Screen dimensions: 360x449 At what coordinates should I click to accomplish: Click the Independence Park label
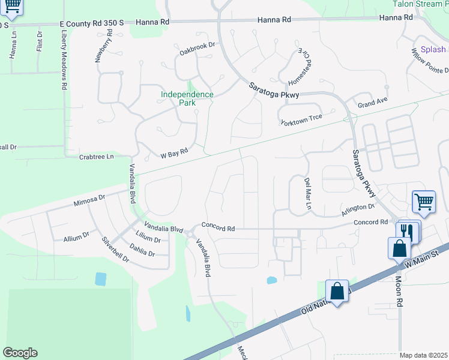click(x=187, y=98)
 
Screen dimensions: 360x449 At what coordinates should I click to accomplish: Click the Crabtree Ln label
click(x=96, y=157)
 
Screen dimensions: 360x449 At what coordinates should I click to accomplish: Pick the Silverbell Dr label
click(x=115, y=248)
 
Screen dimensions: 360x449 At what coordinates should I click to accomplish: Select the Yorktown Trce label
click(x=301, y=120)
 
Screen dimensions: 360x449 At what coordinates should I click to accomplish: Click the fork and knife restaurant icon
click(x=408, y=230)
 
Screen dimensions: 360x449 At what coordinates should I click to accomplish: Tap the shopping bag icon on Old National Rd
click(x=337, y=290)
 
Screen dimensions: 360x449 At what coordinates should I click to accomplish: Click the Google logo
click(x=19, y=353)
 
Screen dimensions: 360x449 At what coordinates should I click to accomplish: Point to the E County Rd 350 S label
click(x=92, y=23)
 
